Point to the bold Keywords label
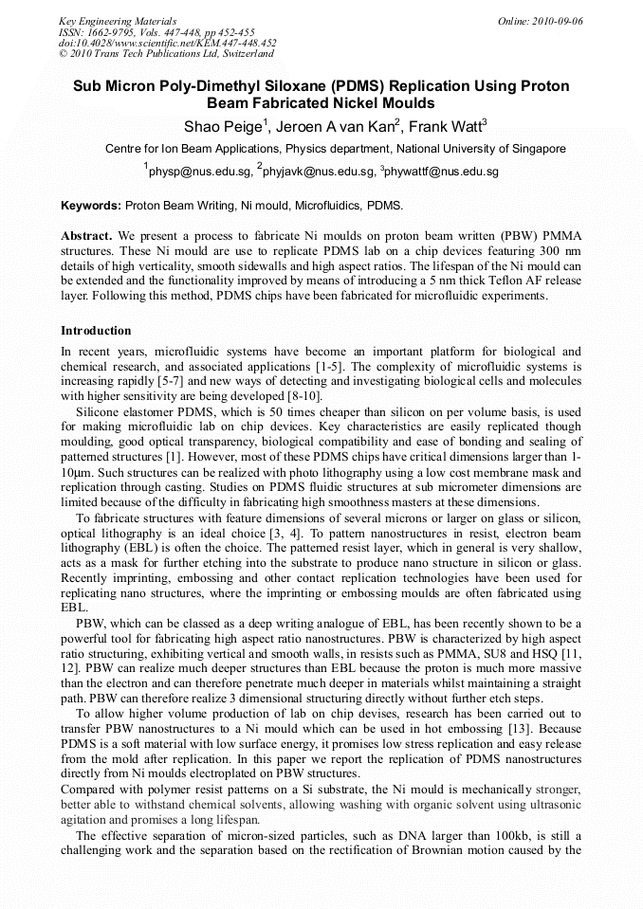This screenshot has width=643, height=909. (91, 206)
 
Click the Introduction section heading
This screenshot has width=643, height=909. (96, 331)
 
